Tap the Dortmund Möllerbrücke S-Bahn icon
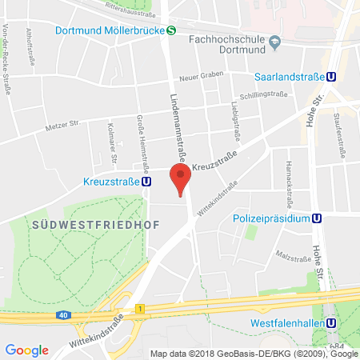pos(171,31)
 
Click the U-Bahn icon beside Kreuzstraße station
pos(146,181)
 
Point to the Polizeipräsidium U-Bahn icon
pos(317,218)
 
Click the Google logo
pos(26,350)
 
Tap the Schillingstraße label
pos(266,94)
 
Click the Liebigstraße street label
pos(236,114)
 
